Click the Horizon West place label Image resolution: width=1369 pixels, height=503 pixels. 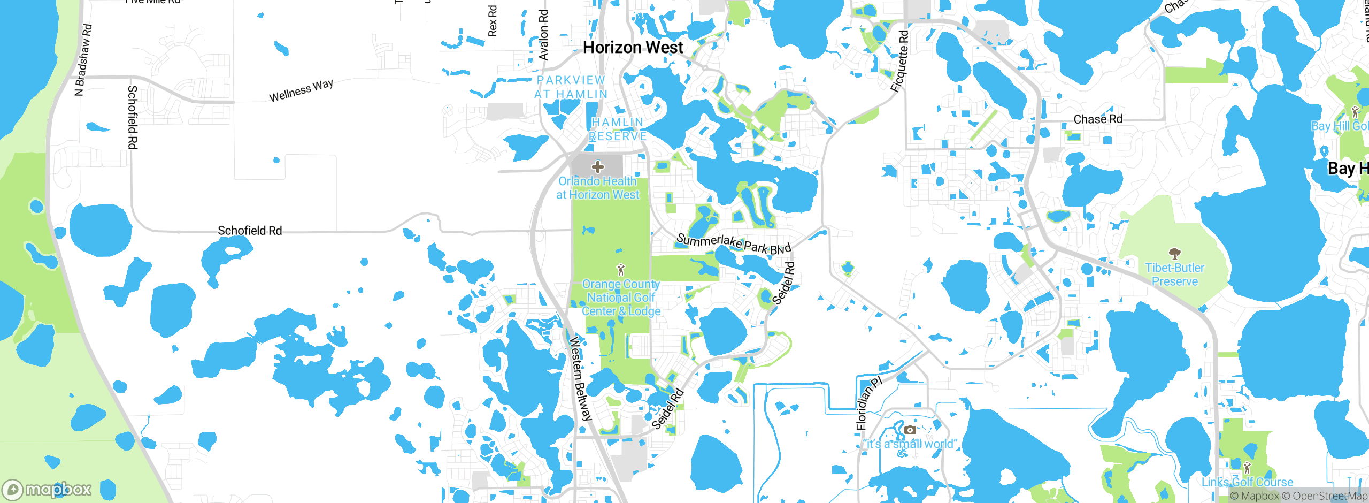coord(633,48)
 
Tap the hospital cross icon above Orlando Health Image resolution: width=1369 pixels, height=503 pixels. coord(597,167)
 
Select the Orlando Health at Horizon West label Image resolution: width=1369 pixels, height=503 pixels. coord(597,188)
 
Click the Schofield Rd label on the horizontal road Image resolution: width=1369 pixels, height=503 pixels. coord(250,231)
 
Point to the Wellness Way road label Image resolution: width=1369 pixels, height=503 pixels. coord(301,90)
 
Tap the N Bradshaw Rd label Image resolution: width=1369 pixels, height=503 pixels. coord(83,60)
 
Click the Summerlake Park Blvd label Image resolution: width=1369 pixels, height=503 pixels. coord(733,244)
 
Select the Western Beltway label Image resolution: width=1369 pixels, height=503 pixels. coord(581,378)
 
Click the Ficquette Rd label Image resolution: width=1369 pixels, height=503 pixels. coord(900,61)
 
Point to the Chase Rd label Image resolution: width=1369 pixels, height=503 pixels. coord(1098,119)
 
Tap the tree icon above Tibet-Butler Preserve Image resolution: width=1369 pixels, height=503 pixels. coord(1174,253)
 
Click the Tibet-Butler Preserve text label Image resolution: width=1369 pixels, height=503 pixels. coord(1174,275)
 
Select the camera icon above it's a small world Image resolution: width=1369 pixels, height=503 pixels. coord(910,430)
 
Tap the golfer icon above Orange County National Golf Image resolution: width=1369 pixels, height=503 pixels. coord(620,270)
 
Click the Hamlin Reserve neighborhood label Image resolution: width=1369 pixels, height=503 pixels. coord(618,129)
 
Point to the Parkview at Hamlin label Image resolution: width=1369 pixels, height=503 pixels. coord(571,87)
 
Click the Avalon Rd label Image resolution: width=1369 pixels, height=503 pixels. coord(543,35)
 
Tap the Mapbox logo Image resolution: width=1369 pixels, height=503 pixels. coord(47,490)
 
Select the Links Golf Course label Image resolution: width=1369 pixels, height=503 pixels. coord(1247,482)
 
